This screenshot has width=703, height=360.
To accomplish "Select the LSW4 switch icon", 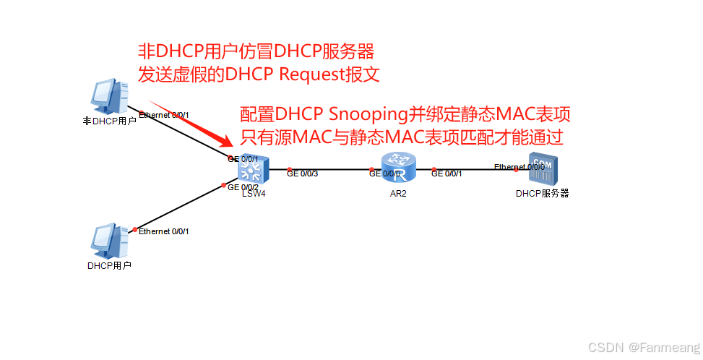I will click(254, 170).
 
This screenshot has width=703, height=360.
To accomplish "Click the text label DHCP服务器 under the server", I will click(542, 193).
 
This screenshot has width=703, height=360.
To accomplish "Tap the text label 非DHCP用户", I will click(109, 121).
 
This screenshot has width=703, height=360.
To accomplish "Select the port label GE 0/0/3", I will click(301, 173).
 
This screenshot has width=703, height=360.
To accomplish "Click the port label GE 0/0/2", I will click(243, 188).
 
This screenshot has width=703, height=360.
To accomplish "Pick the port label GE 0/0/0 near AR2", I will click(384, 173).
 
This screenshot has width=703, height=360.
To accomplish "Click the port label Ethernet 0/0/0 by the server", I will click(519, 167).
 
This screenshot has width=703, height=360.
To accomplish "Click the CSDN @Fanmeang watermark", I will click(644, 348).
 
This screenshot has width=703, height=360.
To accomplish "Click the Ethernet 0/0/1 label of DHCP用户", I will click(163, 231).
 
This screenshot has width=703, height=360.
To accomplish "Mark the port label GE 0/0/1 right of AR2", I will click(447, 173).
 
